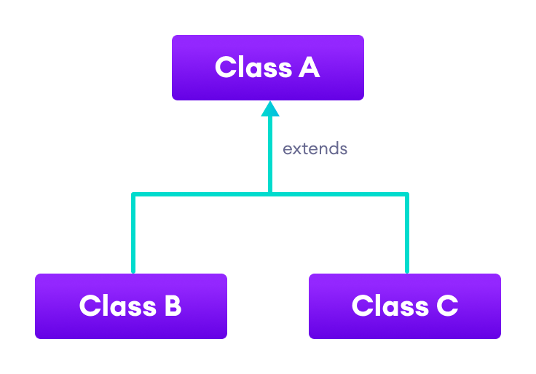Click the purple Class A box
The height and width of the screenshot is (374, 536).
coord(267,67)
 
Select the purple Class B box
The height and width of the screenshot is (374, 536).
coord(130,306)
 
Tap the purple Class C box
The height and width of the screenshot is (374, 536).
coord(404,306)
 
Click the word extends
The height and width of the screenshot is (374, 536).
coord(315,149)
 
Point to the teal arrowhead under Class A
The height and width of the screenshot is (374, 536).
coord(270,109)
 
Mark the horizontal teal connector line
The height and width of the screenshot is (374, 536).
coord(204,194)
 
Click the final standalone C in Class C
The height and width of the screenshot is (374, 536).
coord(446,306)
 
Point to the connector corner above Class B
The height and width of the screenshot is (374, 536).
coord(133,194)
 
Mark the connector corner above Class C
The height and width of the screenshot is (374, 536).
coord(406,194)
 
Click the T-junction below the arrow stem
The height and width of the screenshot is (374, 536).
coord(270,194)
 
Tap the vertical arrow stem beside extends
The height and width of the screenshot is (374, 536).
coord(270,153)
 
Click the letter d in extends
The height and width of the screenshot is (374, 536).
coord(334,148)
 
